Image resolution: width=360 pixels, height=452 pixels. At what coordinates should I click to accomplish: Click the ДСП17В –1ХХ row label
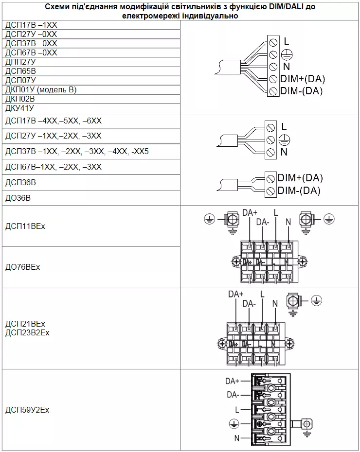point(31,25)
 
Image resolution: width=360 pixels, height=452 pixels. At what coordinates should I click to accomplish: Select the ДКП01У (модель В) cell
point(41,89)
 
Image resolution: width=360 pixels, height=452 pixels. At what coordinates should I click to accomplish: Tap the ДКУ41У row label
point(19,108)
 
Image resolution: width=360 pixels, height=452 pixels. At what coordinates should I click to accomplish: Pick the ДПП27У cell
point(20,62)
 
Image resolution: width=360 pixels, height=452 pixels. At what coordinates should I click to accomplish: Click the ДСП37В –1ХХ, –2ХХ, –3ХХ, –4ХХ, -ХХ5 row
point(77,151)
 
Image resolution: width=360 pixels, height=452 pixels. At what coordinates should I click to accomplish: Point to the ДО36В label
point(18,198)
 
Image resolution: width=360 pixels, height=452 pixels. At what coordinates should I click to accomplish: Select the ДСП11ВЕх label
point(25,226)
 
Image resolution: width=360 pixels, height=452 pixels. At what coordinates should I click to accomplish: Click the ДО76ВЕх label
point(22,267)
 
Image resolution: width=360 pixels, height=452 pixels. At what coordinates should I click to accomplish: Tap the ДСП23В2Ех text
point(27,332)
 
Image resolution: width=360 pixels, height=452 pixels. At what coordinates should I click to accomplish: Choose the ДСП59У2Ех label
point(27,410)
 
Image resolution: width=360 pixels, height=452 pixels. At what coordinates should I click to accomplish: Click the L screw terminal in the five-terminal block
point(273,42)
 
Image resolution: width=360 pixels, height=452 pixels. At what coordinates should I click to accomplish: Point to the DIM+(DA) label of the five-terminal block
point(303,79)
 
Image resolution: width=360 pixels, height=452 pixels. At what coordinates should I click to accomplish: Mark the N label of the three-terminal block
point(284,152)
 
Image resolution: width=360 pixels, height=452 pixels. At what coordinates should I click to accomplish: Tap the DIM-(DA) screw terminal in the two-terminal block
point(270,191)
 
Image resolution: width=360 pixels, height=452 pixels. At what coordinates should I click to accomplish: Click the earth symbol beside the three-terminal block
point(285,140)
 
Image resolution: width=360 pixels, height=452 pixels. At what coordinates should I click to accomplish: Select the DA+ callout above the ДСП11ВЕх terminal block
point(250,213)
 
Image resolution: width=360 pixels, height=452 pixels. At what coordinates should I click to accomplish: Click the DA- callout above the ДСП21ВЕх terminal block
point(249,304)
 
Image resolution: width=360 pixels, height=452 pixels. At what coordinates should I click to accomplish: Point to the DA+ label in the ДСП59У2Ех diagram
point(232,381)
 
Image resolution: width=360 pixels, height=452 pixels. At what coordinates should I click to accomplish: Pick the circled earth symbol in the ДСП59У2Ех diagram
point(234,424)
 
